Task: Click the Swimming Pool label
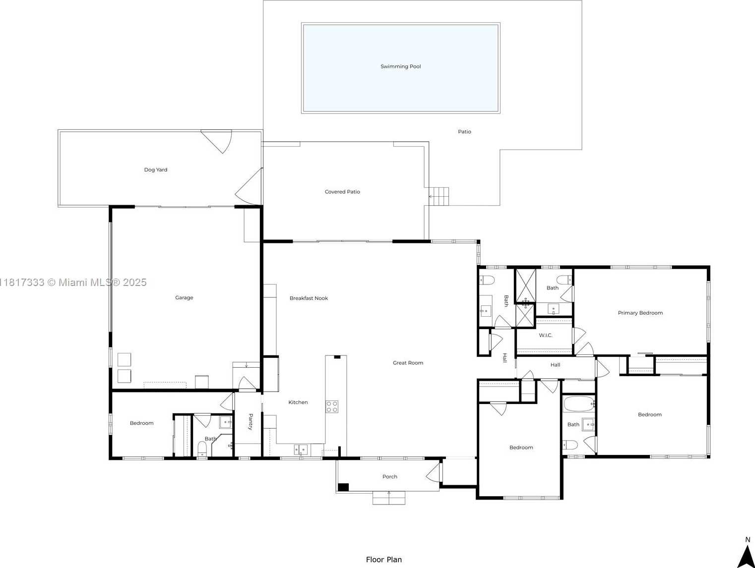pyautogui.click(x=400, y=66)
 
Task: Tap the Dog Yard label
pyautogui.click(x=155, y=170)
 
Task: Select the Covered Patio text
pyautogui.click(x=342, y=192)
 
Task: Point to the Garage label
pyautogui.click(x=184, y=297)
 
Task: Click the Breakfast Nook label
pyautogui.click(x=309, y=298)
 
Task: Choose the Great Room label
pyautogui.click(x=408, y=363)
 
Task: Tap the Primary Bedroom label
pyautogui.click(x=640, y=313)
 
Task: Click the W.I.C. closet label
pyautogui.click(x=546, y=336)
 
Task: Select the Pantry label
pyautogui.click(x=251, y=422)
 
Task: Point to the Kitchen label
pyautogui.click(x=298, y=402)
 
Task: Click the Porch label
pyautogui.click(x=390, y=477)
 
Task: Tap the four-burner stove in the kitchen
pyautogui.click(x=332, y=407)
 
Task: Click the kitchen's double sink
pyautogui.click(x=301, y=450)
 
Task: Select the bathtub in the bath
pyautogui.click(x=578, y=404)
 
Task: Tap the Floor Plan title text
pyautogui.click(x=384, y=560)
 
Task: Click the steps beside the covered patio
pyautogui.click(x=439, y=197)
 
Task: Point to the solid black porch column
pyautogui.click(x=343, y=487)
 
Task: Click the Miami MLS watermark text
pyautogui.click(x=73, y=283)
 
